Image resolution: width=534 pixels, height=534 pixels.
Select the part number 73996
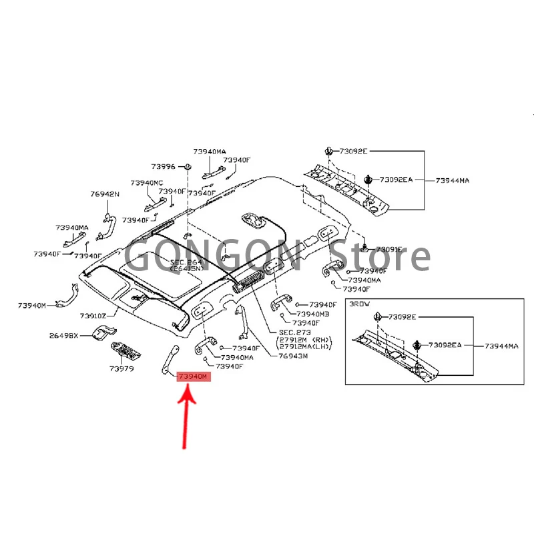coord(163,166)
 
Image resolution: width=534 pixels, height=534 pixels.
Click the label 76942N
coord(105,194)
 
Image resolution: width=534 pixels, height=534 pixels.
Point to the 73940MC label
coord(147,182)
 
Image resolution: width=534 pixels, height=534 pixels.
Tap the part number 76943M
coord(293,356)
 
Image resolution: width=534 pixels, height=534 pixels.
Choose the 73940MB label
coord(314,314)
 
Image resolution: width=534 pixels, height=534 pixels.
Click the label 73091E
coord(387,250)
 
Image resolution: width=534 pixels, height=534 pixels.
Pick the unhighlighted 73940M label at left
coord(32,305)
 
